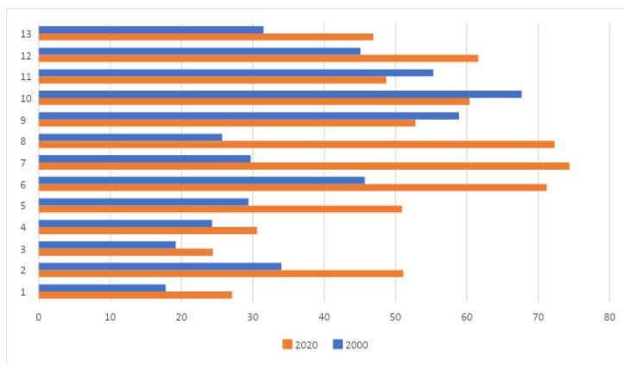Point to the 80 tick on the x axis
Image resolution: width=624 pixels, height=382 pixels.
608,317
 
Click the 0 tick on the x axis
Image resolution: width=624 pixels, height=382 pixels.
39,317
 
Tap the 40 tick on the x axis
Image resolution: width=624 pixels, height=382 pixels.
324,317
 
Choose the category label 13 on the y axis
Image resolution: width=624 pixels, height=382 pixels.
26,34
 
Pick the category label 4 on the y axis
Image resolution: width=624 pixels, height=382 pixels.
28,228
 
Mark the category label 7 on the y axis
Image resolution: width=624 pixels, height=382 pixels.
28,163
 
